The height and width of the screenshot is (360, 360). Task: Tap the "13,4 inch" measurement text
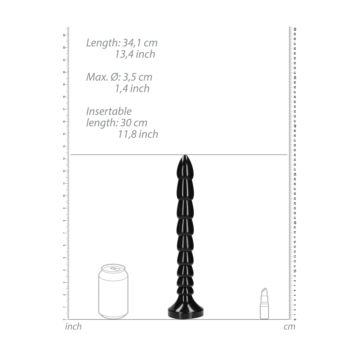[x=135, y=54]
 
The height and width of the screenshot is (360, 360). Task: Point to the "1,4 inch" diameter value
[x=132, y=89]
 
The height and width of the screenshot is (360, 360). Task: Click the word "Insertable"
[x=109, y=111]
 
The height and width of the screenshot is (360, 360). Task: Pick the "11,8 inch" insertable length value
[x=138, y=134]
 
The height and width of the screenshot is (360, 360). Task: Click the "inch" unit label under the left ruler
[x=73, y=326]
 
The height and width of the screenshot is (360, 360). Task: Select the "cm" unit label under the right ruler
[x=289, y=327]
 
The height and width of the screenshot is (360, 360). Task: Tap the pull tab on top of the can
[x=115, y=268]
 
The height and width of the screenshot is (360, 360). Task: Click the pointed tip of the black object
[x=185, y=157]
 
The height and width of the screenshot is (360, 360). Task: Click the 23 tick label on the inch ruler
[x=64, y=35]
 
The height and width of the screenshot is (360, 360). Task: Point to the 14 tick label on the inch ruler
[x=64, y=146]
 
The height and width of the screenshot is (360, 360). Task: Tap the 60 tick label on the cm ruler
[x=295, y=29]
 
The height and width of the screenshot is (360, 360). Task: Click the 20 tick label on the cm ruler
[x=295, y=223]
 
